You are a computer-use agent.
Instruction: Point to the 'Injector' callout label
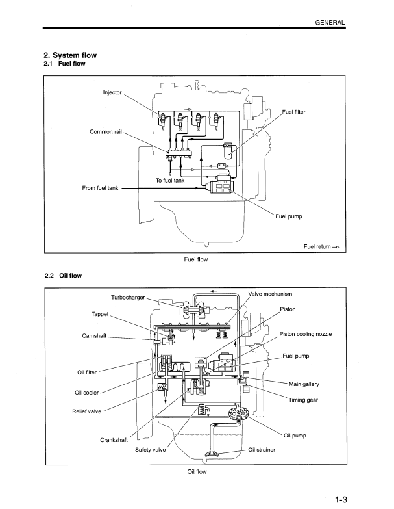(112, 92)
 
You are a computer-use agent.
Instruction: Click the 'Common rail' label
(106, 132)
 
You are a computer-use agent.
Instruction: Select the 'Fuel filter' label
(293, 112)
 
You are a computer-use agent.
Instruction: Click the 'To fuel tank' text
(170, 180)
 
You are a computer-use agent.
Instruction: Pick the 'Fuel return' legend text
(317, 247)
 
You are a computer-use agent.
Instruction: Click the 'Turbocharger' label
(127, 298)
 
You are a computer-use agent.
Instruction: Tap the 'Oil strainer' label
(263, 449)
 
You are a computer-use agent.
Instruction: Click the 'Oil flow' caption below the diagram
(196, 471)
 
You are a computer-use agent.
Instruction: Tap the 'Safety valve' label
(151, 449)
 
